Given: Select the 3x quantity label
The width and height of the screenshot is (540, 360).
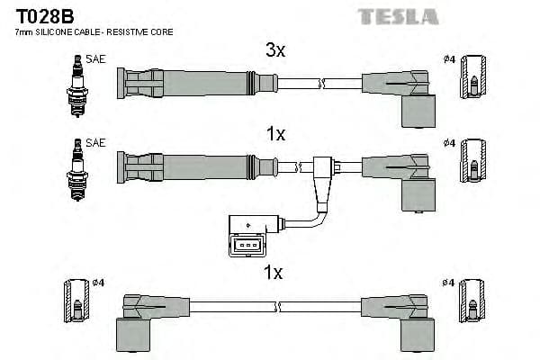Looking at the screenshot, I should click(x=275, y=51).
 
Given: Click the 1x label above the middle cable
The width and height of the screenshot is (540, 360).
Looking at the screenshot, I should click(x=275, y=134).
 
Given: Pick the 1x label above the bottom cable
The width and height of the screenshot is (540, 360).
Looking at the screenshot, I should click(x=275, y=271).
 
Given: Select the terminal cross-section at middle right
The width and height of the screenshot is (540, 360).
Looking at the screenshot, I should click(x=474, y=166).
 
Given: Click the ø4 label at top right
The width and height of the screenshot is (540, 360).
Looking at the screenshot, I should click(x=449, y=60).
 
